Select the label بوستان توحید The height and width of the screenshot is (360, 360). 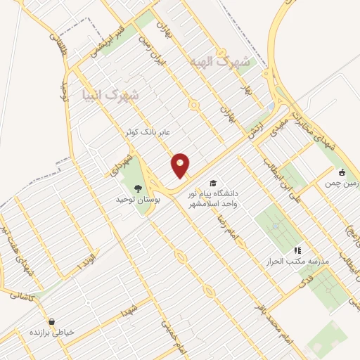[x=139, y=200]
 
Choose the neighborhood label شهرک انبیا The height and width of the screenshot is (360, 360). [x=110, y=94]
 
